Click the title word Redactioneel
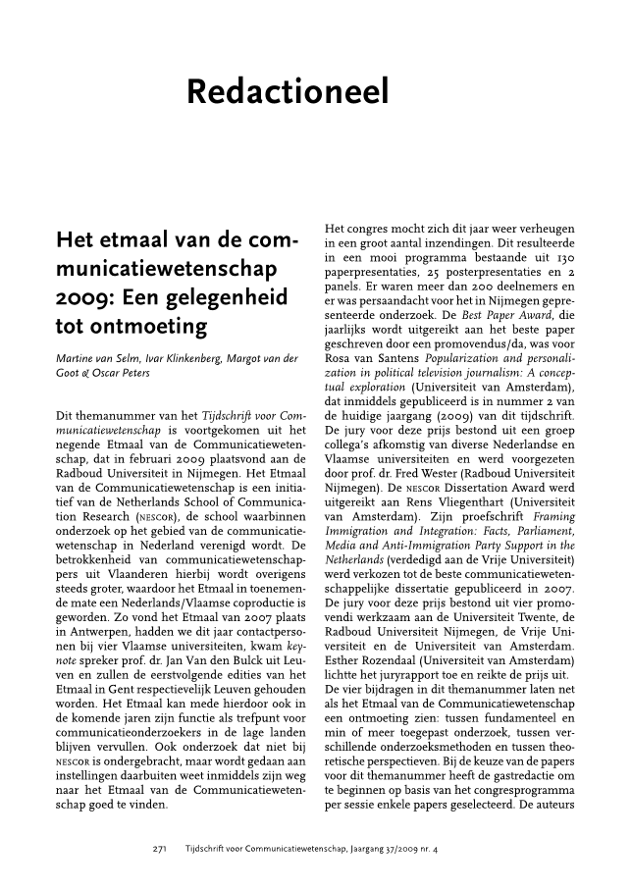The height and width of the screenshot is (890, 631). [x=288, y=93]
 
